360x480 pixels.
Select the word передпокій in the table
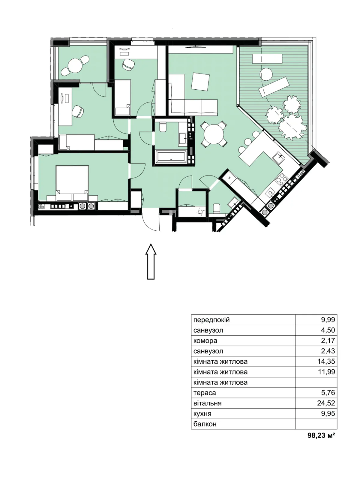point(211,320)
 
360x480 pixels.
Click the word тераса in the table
point(205,393)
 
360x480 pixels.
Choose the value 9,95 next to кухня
point(328,413)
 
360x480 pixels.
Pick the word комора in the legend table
point(205,341)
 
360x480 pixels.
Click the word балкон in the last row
point(205,424)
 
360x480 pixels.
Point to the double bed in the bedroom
point(72,183)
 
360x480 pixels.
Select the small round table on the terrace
point(266,74)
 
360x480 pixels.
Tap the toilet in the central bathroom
point(163,127)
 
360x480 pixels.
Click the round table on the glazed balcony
point(75,65)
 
